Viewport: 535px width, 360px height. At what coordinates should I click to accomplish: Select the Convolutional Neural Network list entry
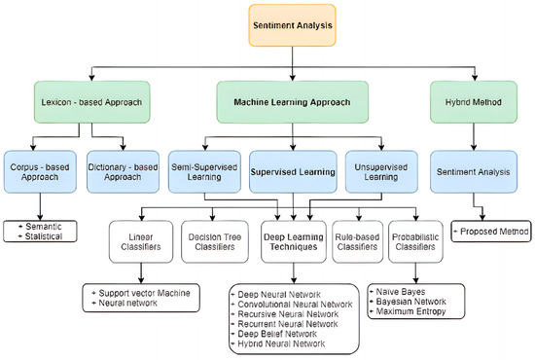(x=292, y=303)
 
